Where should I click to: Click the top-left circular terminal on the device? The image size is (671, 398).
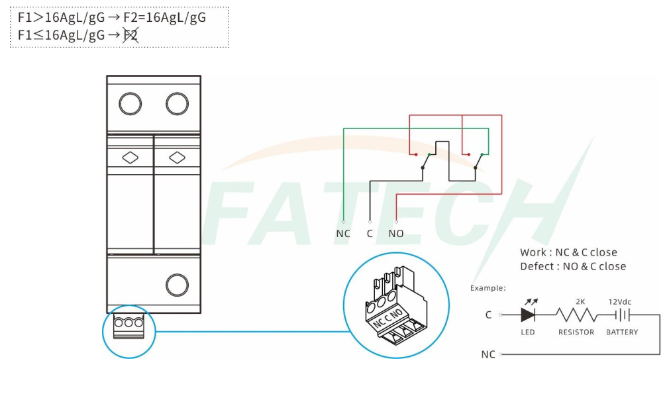click(x=130, y=104)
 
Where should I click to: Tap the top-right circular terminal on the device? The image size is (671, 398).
click(x=177, y=104)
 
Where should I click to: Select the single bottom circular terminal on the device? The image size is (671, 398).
click(x=177, y=285)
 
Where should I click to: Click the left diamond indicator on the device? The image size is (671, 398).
click(x=130, y=158)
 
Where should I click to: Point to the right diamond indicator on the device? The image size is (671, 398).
click(x=177, y=158)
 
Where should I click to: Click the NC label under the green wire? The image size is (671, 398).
click(x=343, y=234)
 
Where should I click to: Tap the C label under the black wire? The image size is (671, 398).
click(x=370, y=234)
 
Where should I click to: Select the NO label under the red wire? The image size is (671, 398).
click(x=395, y=234)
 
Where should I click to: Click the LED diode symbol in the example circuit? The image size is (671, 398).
click(x=529, y=315)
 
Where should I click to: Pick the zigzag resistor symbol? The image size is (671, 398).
click(x=576, y=315)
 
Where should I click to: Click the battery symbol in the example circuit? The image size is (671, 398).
click(x=622, y=315)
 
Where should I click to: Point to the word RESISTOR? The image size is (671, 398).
click(x=576, y=332)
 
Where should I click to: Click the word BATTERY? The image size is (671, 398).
click(x=622, y=332)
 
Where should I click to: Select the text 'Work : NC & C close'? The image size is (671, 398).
click(x=568, y=252)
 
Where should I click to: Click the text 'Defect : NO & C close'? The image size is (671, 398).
click(x=573, y=266)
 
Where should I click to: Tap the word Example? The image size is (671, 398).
click(x=488, y=288)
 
